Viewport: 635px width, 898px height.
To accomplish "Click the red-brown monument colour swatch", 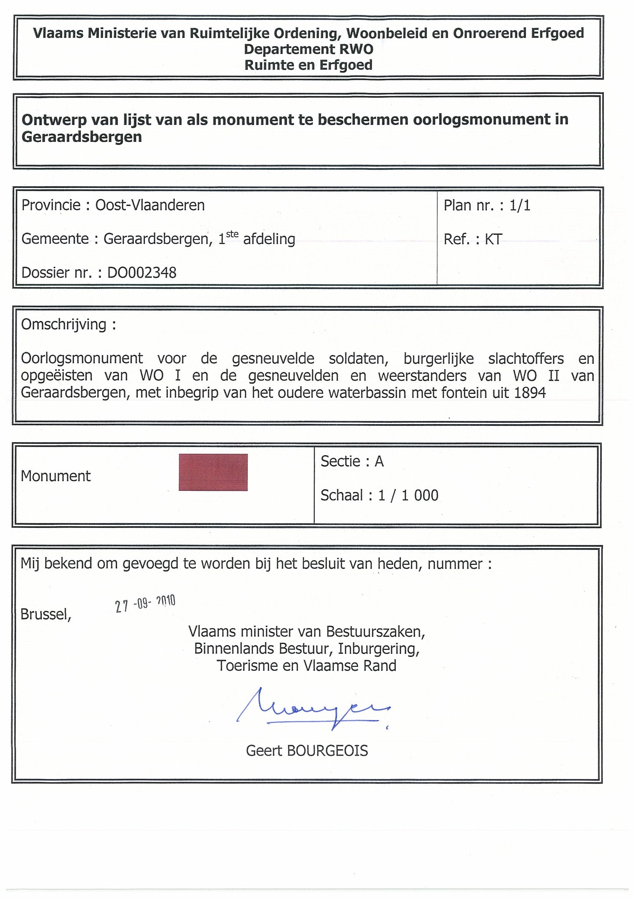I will click(x=213, y=472).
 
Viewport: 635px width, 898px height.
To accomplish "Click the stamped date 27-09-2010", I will click(x=145, y=604).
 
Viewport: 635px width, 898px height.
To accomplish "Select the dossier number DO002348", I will click(x=142, y=272).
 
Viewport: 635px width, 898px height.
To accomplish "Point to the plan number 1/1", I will click(x=519, y=205).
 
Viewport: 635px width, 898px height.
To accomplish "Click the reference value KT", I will click(x=493, y=239).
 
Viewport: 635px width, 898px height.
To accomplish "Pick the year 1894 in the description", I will click(x=530, y=393).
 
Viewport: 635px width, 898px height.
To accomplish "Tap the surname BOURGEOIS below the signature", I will click(x=327, y=751).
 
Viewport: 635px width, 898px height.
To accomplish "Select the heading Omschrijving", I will click(x=64, y=325).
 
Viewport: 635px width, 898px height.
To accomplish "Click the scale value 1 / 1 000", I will click(x=408, y=495).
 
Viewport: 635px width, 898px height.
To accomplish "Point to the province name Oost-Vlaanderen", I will click(x=150, y=205).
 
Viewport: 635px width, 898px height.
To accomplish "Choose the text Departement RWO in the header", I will click(x=308, y=49).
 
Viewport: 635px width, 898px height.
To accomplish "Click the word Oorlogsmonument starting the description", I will click(x=82, y=358).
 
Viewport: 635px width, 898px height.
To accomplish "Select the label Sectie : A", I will click(x=352, y=462).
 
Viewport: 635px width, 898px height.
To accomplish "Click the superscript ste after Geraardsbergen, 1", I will click(x=232, y=234).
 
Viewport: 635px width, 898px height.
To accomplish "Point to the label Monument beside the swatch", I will click(x=56, y=476).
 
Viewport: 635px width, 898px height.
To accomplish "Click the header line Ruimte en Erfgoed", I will click(x=308, y=65).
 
